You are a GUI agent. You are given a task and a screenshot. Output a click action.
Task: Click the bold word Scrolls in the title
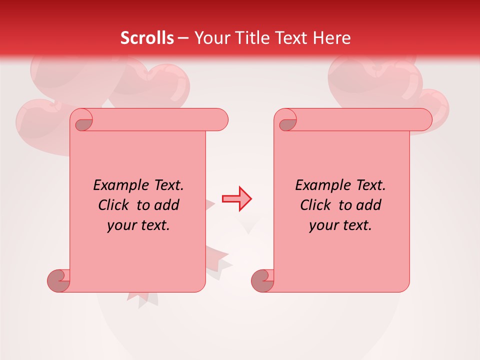pos(147,37)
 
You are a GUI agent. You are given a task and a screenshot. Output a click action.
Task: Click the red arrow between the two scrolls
pos(237,199)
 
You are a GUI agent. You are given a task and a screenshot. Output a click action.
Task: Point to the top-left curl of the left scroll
pos(82,120)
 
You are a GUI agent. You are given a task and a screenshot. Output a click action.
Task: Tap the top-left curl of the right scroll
pos(286,120)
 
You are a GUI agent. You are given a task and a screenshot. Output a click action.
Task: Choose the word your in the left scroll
pos(121,225)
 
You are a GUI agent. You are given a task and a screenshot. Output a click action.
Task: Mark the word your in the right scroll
pos(323,225)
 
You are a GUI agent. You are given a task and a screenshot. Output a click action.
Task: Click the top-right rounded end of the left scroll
pos(219,120)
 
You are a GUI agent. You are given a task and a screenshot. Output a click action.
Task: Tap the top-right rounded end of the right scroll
pos(423,120)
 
